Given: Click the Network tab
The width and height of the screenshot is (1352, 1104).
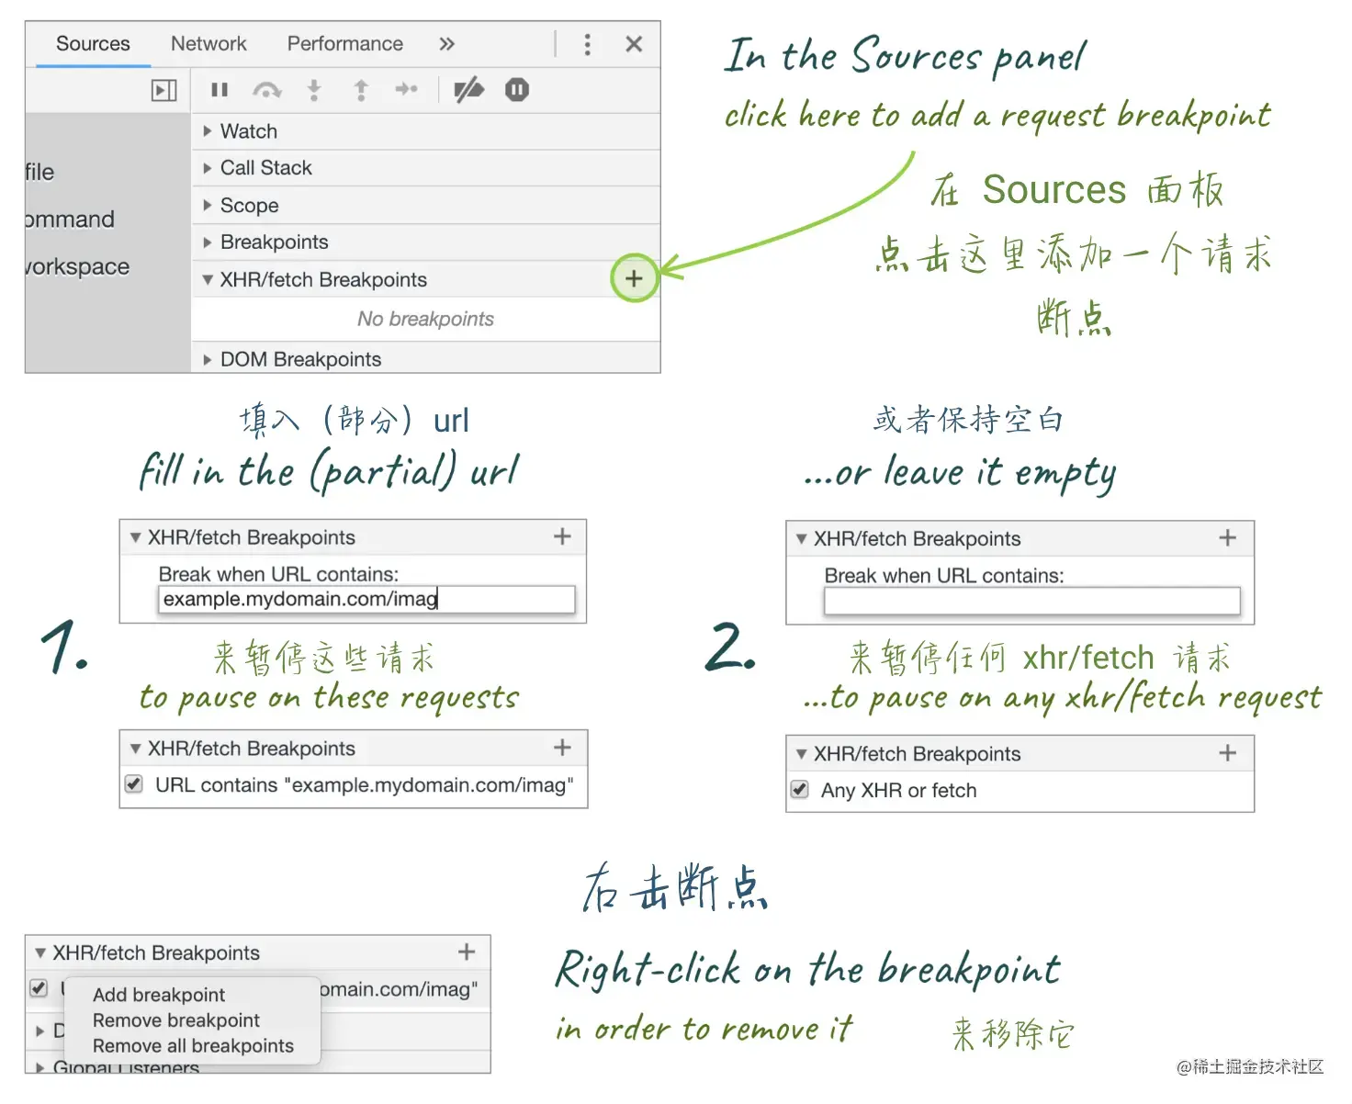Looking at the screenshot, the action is (x=208, y=43).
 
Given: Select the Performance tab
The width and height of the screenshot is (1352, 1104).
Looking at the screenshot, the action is (x=345, y=43).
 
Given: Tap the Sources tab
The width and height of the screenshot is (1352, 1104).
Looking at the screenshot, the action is (x=93, y=43).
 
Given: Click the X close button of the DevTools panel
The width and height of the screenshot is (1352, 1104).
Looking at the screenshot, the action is (x=634, y=44).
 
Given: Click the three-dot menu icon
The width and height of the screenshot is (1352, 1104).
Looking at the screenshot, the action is (x=587, y=44).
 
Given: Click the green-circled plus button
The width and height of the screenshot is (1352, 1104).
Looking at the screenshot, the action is (x=634, y=278).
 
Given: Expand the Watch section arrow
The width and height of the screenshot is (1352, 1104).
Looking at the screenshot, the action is (x=207, y=131).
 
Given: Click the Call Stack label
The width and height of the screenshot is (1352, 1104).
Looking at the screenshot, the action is (x=265, y=168).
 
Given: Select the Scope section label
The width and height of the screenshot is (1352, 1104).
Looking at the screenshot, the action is (x=250, y=205).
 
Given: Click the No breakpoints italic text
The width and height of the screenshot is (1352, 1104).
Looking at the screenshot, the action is (x=425, y=319).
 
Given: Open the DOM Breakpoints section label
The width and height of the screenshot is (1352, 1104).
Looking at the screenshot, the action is (x=300, y=359).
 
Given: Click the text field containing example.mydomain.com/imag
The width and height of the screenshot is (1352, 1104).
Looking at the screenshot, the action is (x=366, y=600).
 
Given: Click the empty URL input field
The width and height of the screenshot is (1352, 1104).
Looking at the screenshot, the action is (x=1031, y=601).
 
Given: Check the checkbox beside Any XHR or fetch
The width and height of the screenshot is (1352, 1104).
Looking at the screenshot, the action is (x=799, y=789).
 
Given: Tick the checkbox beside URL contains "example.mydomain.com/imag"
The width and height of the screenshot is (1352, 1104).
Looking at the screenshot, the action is (x=134, y=783).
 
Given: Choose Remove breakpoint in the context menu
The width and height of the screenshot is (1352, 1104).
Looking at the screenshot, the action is (x=176, y=1020).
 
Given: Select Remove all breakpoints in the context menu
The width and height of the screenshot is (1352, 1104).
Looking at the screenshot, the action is (x=193, y=1045).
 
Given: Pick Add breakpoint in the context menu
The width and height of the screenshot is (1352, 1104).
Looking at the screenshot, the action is (x=159, y=995).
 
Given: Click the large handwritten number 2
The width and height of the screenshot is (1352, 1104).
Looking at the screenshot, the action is (x=729, y=647).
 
